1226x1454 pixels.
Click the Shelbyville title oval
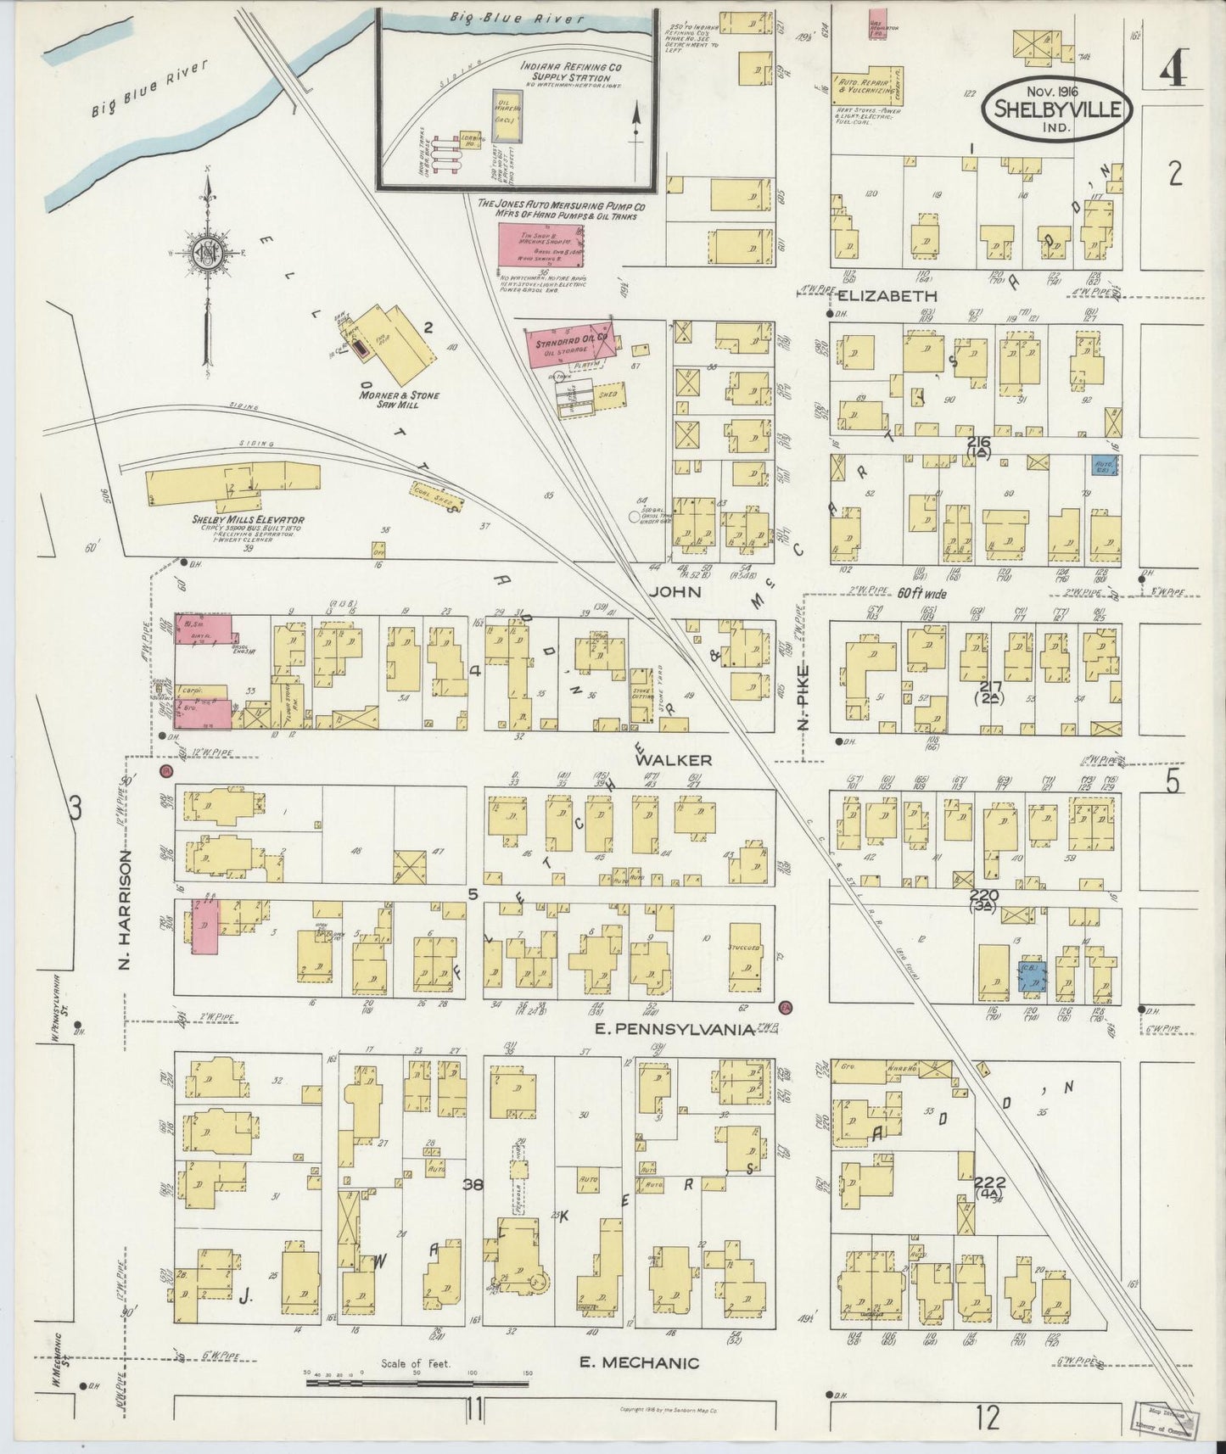coord(1057,109)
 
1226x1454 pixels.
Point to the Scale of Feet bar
coord(416,1383)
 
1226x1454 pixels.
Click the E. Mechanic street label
coord(639,1363)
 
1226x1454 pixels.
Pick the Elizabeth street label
coord(887,296)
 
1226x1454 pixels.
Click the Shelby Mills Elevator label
coord(249,520)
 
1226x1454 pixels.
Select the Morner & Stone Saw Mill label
coord(399,400)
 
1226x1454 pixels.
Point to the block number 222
coord(989,1183)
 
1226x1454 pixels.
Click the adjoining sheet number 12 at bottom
coord(988,1418)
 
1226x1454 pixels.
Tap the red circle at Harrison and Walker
coord(167,771)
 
